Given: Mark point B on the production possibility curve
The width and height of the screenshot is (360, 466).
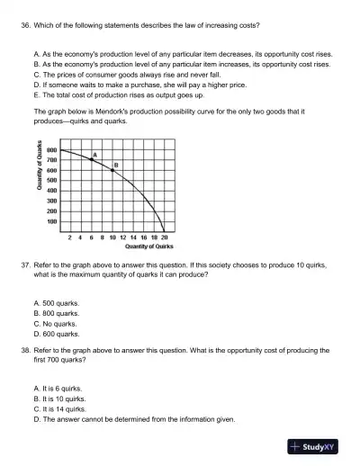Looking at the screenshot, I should click(112, 168).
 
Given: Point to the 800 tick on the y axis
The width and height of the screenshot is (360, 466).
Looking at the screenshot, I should click(53, 150).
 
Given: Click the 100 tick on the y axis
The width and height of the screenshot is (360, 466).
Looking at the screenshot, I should click(53, 221).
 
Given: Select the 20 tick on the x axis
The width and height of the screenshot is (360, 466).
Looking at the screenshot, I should click(164, 237).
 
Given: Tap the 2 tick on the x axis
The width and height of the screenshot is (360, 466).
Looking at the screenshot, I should click(71, 237).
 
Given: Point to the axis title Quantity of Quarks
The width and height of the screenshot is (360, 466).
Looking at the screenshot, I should click(38, 186).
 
